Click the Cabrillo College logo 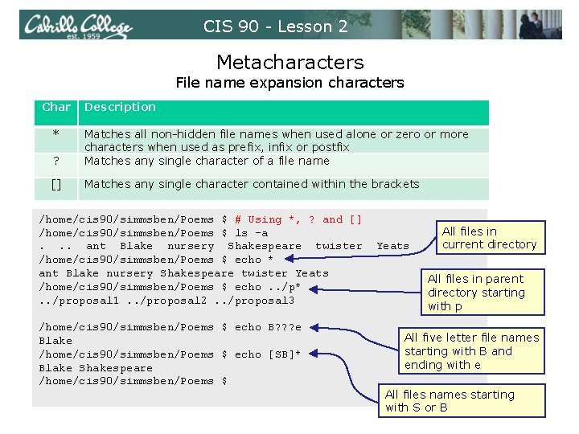77,26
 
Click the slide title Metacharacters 289,62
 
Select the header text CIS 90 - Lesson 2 276,27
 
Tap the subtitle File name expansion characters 289,83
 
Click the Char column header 56,107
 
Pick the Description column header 121,107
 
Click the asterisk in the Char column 56,134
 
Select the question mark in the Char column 56,161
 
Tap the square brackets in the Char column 56,184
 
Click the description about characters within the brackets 252,184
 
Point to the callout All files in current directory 489,238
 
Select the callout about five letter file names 471,351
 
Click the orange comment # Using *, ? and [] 298,219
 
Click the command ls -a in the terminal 251,233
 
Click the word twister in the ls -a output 339,246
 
